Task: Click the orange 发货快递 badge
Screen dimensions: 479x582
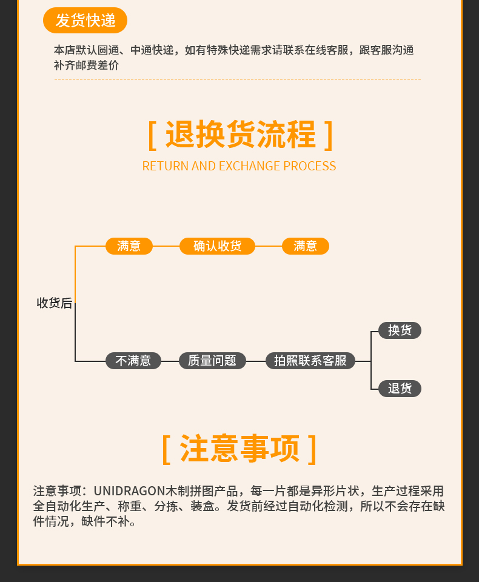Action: [85, 20]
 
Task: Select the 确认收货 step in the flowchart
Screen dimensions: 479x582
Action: [217, 246]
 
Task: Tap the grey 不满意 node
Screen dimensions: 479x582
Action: [133, 361]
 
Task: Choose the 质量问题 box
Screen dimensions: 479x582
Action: [212, 361]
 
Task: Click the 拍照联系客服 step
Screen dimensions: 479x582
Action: [310, 361]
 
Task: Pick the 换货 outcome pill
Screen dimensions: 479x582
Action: [400, 330]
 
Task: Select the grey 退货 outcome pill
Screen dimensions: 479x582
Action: [400, 389]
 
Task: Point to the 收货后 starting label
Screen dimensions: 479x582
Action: [55, 303]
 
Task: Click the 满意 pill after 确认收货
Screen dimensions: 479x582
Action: [306, 246]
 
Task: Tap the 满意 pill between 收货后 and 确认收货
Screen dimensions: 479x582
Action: [129, 246]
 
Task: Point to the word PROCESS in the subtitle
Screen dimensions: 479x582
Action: [309, 166]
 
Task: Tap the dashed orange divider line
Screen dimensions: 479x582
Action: [237, 79]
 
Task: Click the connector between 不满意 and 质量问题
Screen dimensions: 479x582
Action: [170, 361]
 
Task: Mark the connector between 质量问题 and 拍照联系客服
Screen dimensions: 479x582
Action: [256, 361]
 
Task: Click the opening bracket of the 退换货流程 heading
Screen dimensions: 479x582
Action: [152, 135]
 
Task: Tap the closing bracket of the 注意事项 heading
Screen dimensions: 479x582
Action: [312, 449]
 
